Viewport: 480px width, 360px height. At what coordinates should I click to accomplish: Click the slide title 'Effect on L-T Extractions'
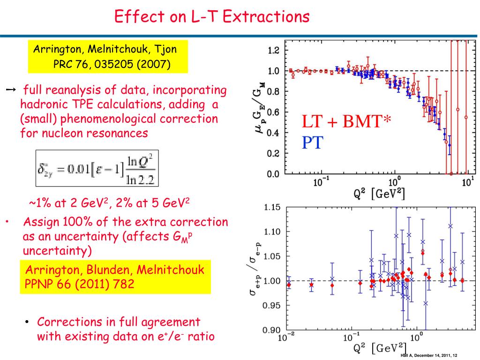(x=212, y=16)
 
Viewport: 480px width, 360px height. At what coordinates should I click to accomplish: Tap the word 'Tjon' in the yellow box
(x=165, y=50)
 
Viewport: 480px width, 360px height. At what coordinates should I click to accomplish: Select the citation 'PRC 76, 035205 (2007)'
(x=112, y=64)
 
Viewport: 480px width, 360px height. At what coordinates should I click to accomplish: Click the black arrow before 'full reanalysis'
(x=11, y=90)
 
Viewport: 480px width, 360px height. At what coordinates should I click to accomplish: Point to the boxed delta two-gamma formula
(x=97, y=168)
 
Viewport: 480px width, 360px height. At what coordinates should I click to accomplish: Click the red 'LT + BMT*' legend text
(x=346, y=121)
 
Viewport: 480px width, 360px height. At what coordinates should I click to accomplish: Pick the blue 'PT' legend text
(x=313, y=142)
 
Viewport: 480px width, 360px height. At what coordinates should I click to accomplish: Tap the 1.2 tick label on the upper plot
(x=273, y=50)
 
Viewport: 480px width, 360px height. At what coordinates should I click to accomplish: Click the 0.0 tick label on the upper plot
(x=273, y=174)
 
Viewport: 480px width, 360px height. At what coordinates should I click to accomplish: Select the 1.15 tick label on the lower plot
(x=272, y=208)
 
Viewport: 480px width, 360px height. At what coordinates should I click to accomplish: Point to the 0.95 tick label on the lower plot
(x=271, y=306)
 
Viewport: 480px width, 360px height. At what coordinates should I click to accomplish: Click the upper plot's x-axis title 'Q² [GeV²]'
(x=379, y=194)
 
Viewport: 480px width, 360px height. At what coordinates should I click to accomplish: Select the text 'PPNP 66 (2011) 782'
(x=79, y=284)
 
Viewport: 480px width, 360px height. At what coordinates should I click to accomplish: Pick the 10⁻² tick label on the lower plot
(x=286, y=337)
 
